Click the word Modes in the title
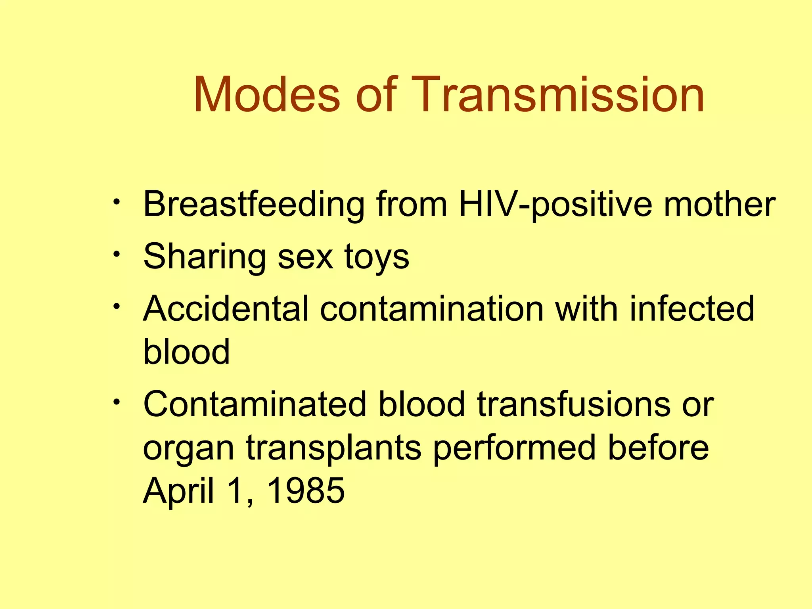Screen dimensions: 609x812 (266, 95)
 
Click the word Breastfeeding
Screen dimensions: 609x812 (253, 205)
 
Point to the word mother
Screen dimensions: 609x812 (719, 205)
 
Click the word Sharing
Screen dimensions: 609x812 (205, 257)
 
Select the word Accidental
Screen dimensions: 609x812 (226, 309)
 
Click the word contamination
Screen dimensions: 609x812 (432, 309)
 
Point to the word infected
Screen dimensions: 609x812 (692, 309)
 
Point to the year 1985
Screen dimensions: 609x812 (306, 491)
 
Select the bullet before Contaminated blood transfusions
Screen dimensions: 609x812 (116, 402)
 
